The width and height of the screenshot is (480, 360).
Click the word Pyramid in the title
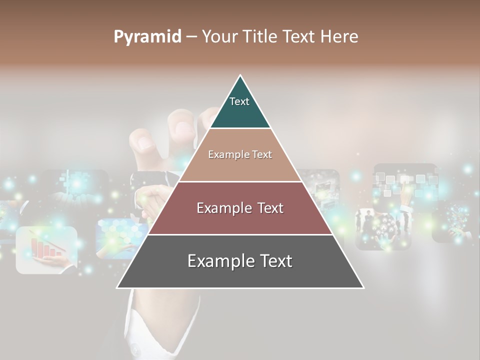[147, 37]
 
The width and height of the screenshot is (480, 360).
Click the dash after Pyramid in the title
[191, 37]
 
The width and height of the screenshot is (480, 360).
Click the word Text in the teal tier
[239, 101]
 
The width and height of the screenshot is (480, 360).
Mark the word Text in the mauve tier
[270, 208]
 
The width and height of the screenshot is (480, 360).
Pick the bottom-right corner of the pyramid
[363, 287]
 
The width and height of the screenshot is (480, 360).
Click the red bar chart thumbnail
[46, 249]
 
